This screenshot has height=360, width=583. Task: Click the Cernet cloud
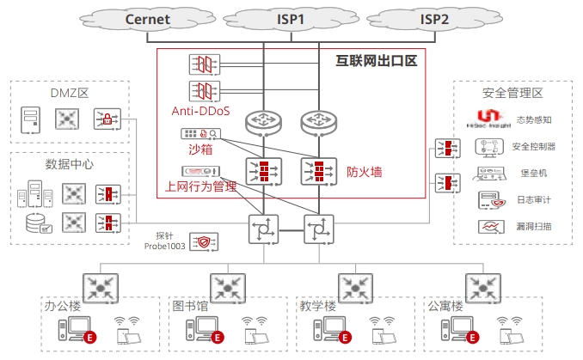147,18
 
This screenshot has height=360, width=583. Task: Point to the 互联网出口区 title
376,62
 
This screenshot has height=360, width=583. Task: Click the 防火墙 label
365,172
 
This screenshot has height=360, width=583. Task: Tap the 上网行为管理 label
200,186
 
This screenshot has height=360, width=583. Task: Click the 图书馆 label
191,306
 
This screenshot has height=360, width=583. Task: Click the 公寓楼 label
445,306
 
